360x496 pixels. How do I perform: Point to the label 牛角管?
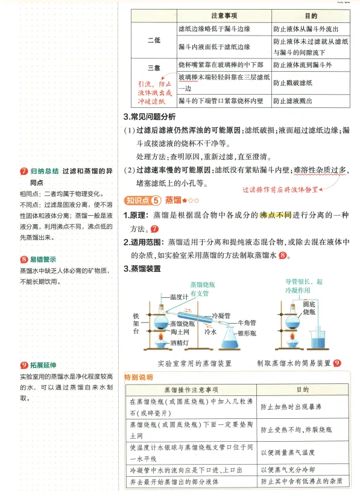[x=248, y=324]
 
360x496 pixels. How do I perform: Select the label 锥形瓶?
[x=247, y=333]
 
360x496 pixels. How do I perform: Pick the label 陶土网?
[x=180, y=333]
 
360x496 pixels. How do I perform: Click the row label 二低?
[x=154, y=40]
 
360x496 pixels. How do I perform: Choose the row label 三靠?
[x=154, y=67]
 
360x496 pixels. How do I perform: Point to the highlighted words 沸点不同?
[x=275, y=216]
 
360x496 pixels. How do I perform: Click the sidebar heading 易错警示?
[x=42, y=260]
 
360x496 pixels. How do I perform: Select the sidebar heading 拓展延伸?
[x=42, y=365]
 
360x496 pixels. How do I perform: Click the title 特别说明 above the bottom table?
[x=138, y=377]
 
